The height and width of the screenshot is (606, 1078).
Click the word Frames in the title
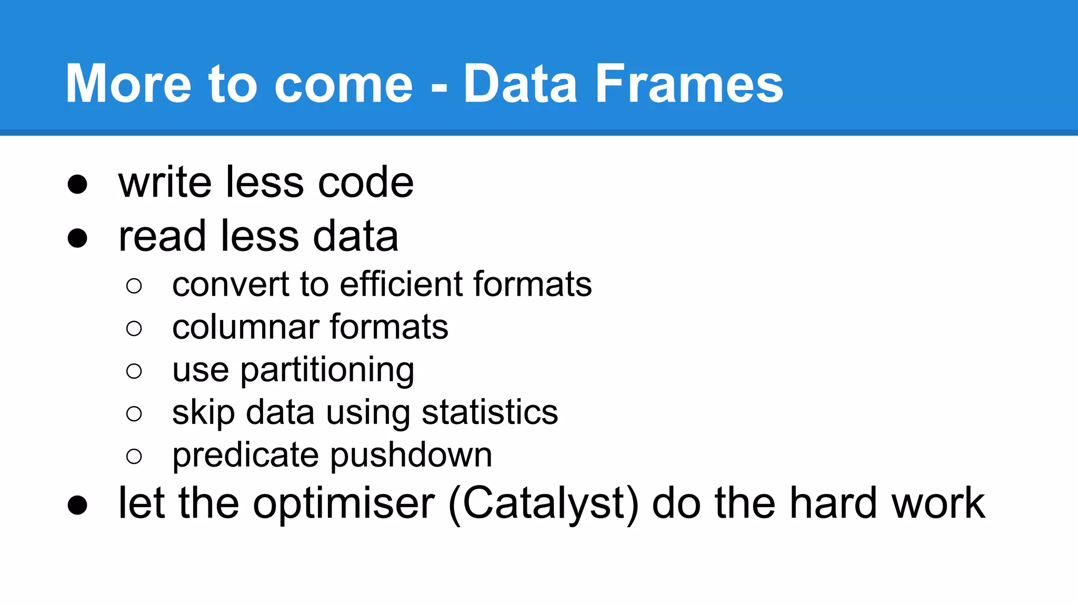click(x=690, y=84)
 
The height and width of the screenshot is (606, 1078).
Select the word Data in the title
click(x=520, y=84)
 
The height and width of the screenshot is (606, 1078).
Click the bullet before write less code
click(x=77, y=184)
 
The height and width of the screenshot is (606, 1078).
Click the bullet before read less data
click(x=77, y=238)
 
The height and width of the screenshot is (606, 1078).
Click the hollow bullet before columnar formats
click(x=134, y=329)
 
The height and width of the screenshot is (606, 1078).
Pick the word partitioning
click(x=327, y=371)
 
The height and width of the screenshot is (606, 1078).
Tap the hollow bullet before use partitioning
click(x=134, y=371)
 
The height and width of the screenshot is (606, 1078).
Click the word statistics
click(x=490, y=412)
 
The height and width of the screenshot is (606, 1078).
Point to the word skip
click(x=203, y=413)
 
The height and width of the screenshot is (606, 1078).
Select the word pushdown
click(x=411, y=456)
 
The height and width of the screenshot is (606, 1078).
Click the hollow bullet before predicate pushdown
click(x=134, y=456)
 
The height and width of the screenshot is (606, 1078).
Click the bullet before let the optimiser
click(x=77, y=505)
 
